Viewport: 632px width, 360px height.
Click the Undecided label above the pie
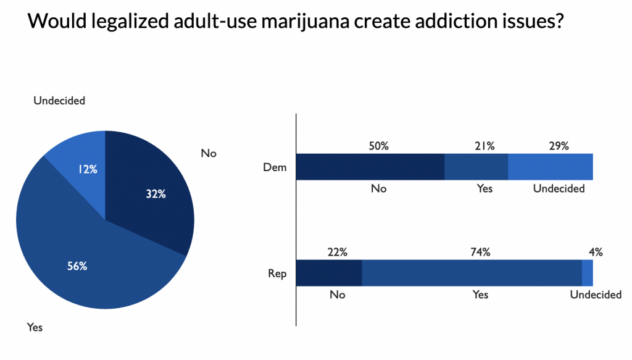(x=59, y=100)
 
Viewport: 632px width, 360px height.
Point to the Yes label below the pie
(x=35, y=327)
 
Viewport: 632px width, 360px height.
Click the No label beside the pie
(x=209, y=153)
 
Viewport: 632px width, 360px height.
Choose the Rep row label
(x=278, y=273)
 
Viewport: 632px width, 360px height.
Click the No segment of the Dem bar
(x=370, y=167)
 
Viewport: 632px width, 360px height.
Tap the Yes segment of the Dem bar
(x=476, y=167)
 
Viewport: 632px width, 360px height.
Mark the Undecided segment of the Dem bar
(x=551, y=167)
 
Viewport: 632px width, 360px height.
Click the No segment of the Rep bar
(x=329, y=273)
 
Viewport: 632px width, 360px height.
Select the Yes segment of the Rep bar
(x=472, y=273)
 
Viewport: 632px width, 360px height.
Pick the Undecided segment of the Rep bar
(x=588, y=273)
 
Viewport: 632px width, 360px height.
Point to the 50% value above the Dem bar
(x=379, y=146)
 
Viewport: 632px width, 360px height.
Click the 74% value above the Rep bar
(x=480, y=252)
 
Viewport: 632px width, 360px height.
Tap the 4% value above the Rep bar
(x=596, y=252)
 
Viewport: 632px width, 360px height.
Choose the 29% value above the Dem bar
(x=559, y=146)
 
